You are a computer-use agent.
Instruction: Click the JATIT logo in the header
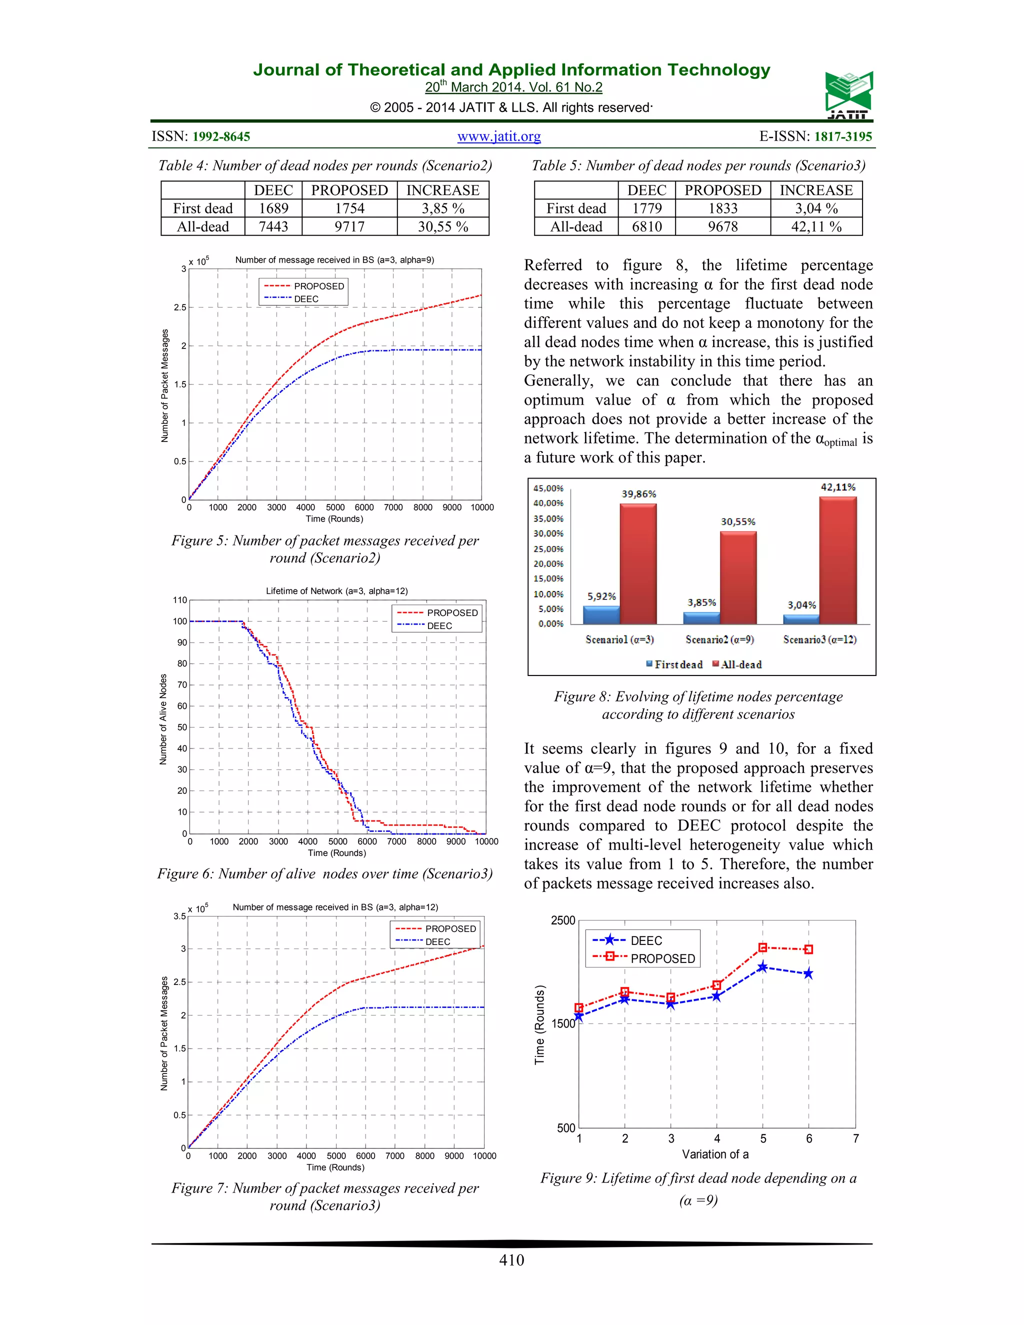click(848, 95)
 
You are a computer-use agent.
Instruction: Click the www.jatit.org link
click(498, 136)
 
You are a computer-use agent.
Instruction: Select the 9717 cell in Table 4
click(349, 226)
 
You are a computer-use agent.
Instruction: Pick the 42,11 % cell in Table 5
click(816, 226)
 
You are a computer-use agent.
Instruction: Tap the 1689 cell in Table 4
click(273, 208)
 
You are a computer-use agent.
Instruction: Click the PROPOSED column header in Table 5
click(722, 190)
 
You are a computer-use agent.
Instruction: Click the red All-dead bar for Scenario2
click(738, 577)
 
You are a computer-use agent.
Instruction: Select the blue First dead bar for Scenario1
click(601, 614)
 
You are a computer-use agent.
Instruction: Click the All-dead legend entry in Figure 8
click(737, 664)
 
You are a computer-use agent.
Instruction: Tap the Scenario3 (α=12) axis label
click(819, 639)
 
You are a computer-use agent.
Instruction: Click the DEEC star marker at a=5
click(762, 967)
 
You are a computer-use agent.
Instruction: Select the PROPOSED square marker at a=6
click(808, 949)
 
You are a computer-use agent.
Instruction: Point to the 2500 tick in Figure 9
click(562, 920)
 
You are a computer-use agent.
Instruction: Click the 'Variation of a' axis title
click(715, 1154)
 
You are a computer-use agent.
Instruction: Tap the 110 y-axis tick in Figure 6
click(180, 600)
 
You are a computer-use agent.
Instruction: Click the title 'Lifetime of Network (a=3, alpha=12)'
click(336, 591)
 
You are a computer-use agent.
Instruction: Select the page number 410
click(511, 1259)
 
